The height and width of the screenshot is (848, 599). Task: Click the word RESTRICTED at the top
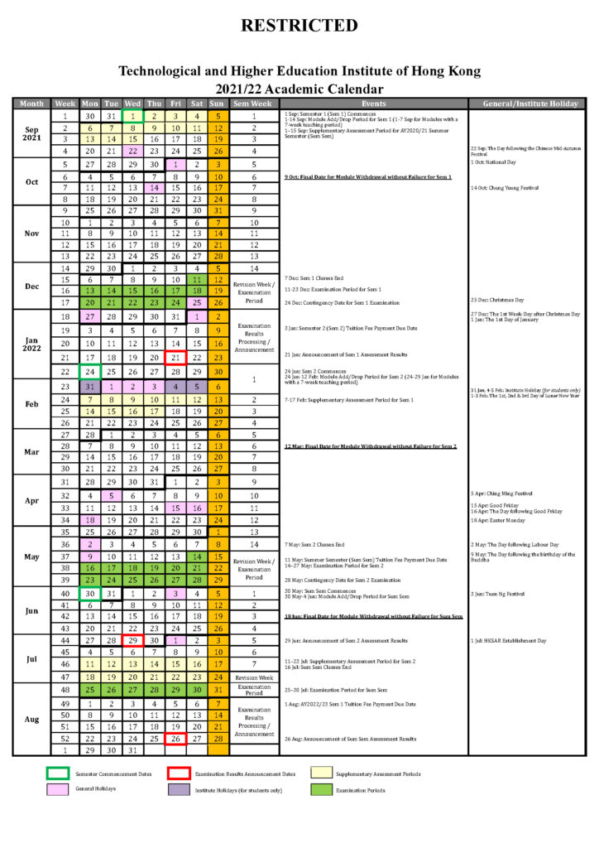coord(299,26)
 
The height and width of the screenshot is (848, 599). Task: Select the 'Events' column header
coord(373,104)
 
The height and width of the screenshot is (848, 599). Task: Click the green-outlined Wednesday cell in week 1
coord(132,116)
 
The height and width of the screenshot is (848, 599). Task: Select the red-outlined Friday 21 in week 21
coord(175,357)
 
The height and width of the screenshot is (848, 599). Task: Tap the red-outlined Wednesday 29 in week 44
coord(132,640)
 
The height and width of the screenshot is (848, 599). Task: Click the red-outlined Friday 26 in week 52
coord(175,739)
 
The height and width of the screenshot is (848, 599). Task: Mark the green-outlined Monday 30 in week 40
coord(89,593)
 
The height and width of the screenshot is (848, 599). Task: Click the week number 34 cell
coord(65,519)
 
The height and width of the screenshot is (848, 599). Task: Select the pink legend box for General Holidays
coord(56,789)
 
